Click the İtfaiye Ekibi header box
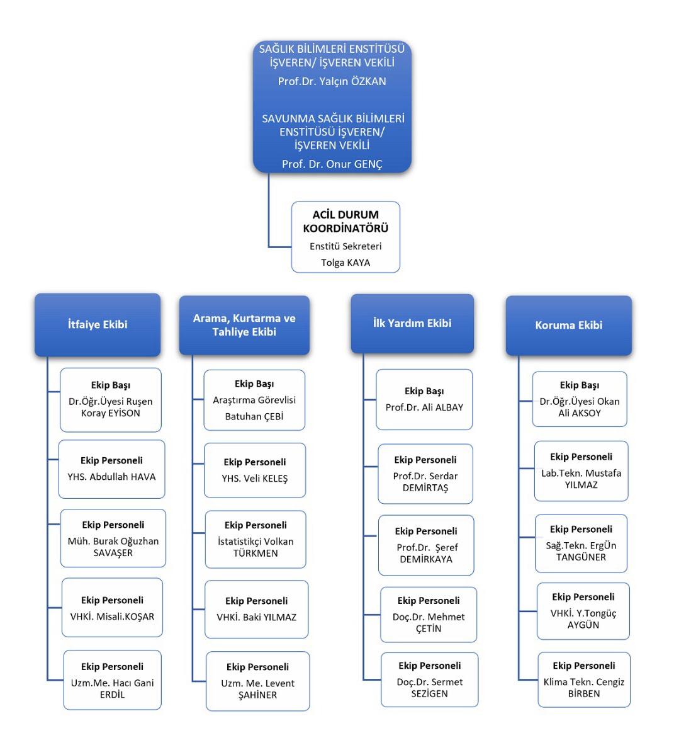click(98, 325)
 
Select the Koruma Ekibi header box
click(569, 326)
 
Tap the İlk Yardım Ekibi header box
click(412, 323)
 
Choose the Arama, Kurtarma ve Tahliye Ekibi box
click(244, 326)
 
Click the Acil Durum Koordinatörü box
click(345, 237)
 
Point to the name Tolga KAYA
click(345, 263)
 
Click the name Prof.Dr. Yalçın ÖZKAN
click(332, 81)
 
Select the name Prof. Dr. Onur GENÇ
click(332, 164)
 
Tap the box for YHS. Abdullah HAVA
click(112, 469)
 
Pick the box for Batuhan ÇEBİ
click(254, 400)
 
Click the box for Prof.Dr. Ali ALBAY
click(425, 399)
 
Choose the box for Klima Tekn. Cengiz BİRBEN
click(584, 679)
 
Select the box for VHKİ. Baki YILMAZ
click(257, 610)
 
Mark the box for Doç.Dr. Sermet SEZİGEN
click(430, 679)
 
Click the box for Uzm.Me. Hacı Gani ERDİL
click(112, 679)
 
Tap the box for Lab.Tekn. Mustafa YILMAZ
click(581, 471)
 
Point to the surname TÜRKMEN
click(256, 554)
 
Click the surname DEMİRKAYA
click(426, 559)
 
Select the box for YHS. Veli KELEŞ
click(255, 470)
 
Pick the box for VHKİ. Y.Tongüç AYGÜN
click(583, 611)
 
